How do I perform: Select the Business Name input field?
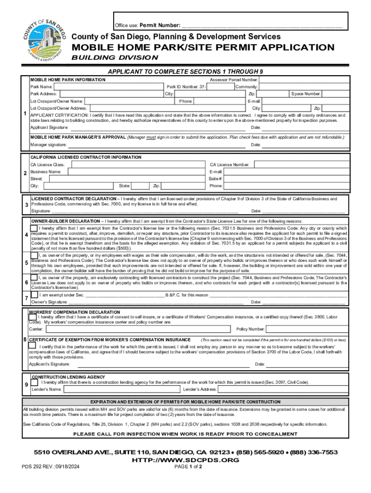(x=137, y=172)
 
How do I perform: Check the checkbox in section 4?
(x=34, y=228)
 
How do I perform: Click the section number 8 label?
(x=25, y=340)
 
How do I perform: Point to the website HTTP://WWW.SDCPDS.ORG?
(x=185, y=460)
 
